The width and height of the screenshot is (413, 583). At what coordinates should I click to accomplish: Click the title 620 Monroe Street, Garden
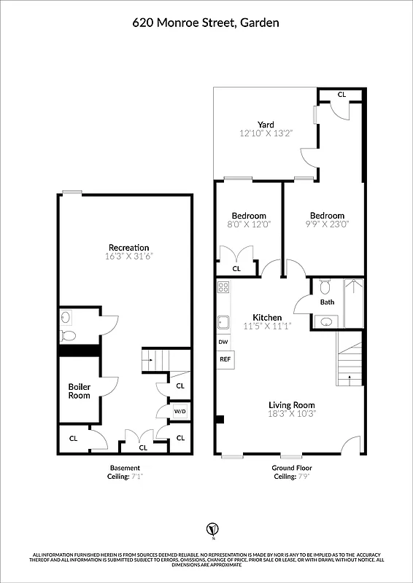coord(206,23)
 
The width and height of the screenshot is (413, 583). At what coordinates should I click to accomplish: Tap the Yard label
coord(265,125)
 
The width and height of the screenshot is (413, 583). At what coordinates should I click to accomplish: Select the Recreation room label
coord(128,248)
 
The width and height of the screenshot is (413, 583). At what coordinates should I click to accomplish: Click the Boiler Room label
coord(79,391)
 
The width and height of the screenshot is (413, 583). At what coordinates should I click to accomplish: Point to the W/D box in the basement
coord(179,412)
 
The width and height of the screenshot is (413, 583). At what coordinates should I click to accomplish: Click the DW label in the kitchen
coord(223,342)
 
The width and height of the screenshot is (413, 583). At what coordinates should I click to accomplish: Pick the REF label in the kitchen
coord(224,359)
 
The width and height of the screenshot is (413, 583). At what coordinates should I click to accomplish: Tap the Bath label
coord(326,302)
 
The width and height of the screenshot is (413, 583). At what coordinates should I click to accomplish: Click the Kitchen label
coord(267,317)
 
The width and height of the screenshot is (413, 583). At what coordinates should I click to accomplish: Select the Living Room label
coord(291,405)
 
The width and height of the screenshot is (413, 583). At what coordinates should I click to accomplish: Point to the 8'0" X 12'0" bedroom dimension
coord(248,225)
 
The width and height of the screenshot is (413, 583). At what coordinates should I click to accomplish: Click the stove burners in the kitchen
coord(223,287)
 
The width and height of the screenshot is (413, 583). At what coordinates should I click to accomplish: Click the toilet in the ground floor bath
coord(326,285)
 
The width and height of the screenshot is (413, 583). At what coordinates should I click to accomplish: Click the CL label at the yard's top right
coord(341,95)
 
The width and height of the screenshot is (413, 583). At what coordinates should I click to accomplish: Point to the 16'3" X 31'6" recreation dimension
coord(128,257)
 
